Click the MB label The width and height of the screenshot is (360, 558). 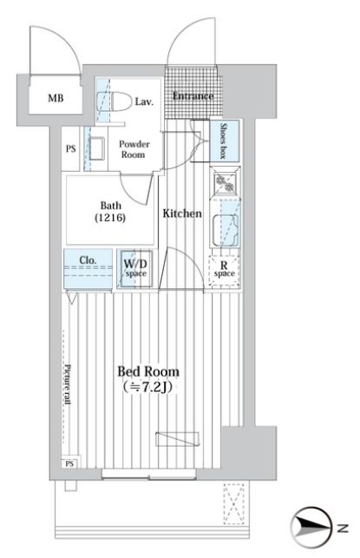(56, 98)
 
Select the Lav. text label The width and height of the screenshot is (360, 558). (144, 102)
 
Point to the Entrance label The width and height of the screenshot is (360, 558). (193, 95)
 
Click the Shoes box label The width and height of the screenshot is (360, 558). (224, 141)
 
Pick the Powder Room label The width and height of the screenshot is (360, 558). (134, 149)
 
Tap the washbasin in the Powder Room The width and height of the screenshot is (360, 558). (97, 148)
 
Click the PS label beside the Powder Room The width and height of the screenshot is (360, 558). (71, 148)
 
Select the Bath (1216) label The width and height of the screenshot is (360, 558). (111, 212)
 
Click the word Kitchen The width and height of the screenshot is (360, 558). (182, 213)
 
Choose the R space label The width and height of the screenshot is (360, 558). (224, 269)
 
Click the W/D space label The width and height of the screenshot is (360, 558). (135, 268)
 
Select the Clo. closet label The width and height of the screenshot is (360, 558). (88, 260)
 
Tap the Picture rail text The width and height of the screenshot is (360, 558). (68, 384)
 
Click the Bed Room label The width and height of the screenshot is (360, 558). (148, 372)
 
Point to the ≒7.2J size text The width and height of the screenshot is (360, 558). (147, 387)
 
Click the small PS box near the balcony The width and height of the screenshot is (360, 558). (69, 463)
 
